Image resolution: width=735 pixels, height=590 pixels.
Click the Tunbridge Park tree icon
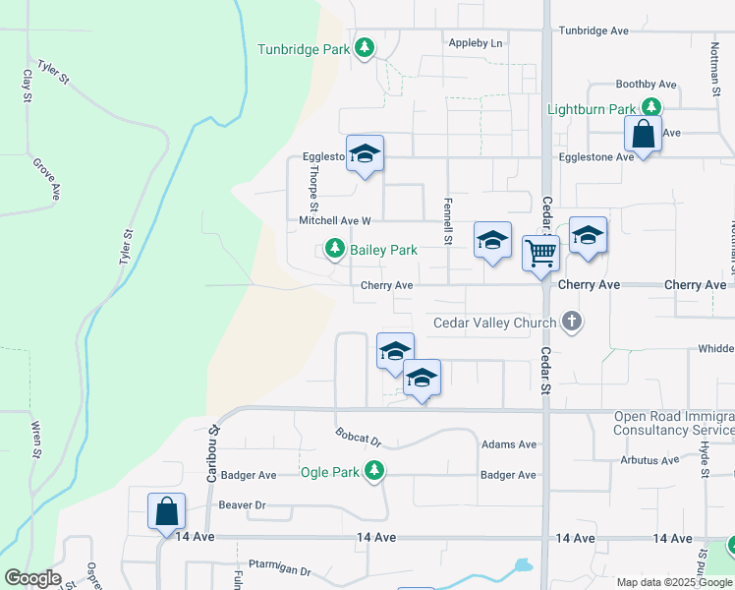365,48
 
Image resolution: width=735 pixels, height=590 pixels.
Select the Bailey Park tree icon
336,250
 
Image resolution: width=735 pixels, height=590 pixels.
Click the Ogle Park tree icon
373,472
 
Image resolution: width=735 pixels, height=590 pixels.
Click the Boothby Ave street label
646,85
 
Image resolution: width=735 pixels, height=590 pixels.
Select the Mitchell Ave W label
335,221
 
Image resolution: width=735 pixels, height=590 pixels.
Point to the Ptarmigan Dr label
280,570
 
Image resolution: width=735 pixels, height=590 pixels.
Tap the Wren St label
36,441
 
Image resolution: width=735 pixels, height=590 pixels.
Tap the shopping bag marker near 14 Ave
166,511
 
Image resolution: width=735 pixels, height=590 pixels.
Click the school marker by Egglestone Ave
365,154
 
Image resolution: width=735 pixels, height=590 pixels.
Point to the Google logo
33,578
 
